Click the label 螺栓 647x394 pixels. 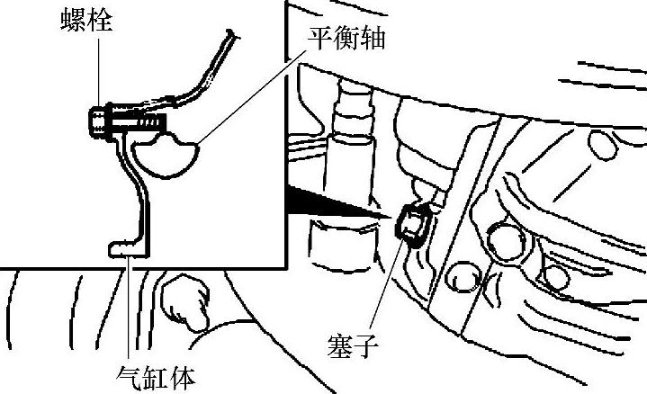pos(88,21)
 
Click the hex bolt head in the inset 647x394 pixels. pos(96,120)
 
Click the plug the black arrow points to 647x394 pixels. pos(413,225)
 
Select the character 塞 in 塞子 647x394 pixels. pos(341,345)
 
